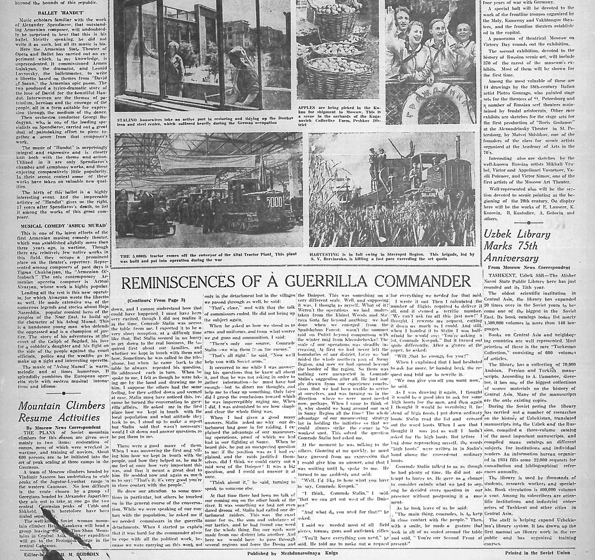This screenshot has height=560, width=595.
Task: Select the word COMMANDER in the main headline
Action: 423,282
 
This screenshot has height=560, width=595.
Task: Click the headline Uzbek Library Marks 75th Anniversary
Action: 517,246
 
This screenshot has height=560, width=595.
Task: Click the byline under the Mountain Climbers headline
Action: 64,428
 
